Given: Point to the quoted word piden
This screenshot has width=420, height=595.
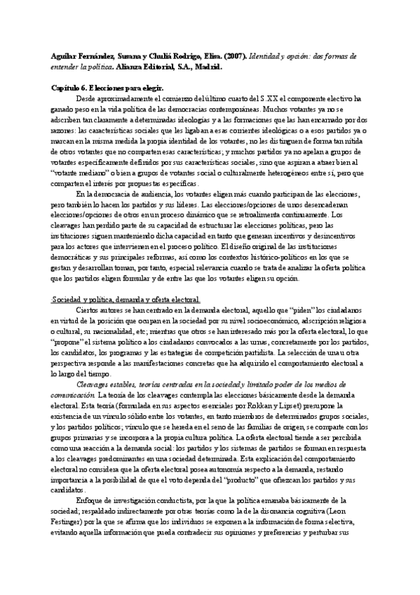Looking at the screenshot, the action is pos(297,310).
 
